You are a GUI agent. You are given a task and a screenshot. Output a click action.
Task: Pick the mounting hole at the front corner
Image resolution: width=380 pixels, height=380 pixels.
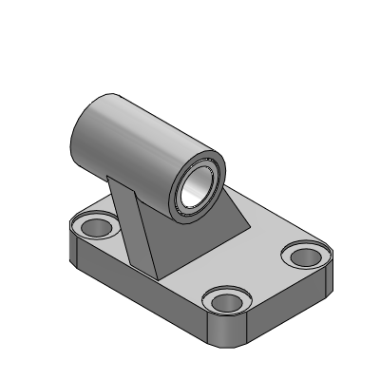pyautogui.click(x=228, y=302)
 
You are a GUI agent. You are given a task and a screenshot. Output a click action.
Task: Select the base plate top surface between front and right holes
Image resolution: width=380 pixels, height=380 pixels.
pyautogui.click(x=271, y=280)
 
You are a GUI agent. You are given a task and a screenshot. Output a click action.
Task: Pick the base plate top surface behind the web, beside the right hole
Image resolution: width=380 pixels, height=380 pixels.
pyautogui.click(x=271, y=233)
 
